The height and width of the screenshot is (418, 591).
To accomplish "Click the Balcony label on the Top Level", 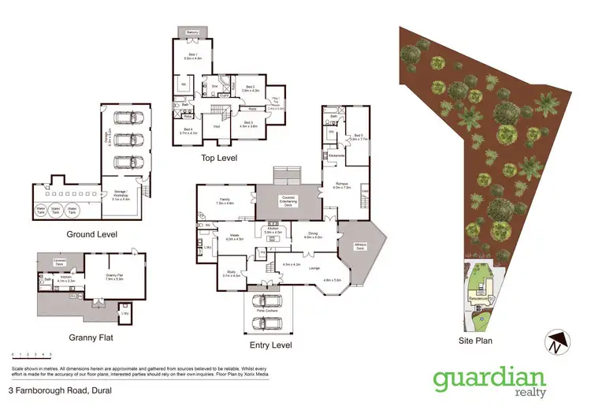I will [x=193, y=32].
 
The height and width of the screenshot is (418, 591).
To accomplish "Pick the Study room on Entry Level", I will [x=231, y=274].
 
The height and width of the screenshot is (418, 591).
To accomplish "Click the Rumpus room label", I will [x=341, y=186].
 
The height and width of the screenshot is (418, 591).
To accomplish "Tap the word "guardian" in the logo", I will [x=489, y=379].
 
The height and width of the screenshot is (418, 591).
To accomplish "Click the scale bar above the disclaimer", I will [x=32, y=357].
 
